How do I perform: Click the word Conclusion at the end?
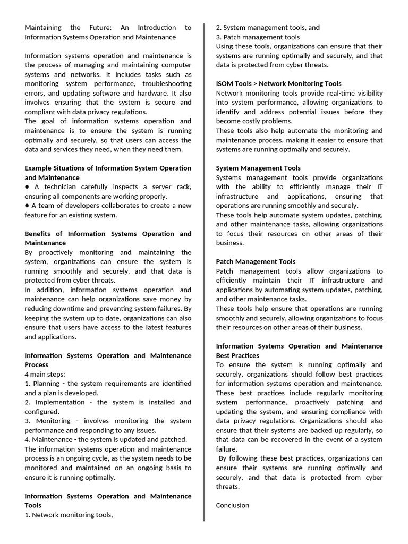point(232,505)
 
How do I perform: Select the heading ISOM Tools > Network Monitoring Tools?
point(278,83)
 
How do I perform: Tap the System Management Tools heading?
point(258,168)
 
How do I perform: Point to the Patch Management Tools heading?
point(256,261)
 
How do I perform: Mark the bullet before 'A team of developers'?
point(27,206)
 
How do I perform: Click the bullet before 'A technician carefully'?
point(27,187)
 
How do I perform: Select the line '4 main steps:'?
point(44,374)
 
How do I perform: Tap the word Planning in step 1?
point(46,384)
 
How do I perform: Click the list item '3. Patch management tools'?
point(258,37)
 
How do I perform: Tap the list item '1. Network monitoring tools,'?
point(69,515)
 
